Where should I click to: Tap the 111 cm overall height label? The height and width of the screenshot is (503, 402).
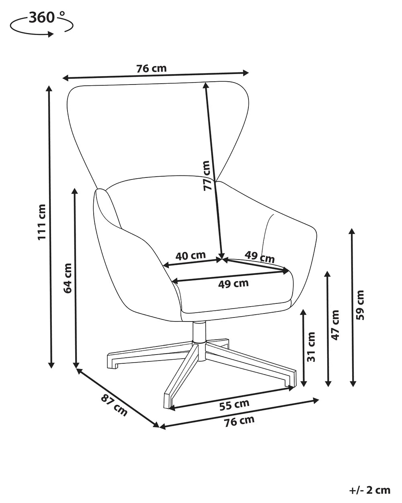point(42,222)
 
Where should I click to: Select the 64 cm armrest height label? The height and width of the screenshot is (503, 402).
point(68,278)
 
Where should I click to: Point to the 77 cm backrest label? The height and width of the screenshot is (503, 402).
point(207,175)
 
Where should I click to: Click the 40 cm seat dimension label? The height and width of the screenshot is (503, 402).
point(191,256)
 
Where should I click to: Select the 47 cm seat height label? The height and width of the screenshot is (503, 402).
point(335,325)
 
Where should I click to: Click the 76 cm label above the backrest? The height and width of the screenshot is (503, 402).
point(152,68)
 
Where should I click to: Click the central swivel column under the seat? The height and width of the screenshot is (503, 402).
point(199,333)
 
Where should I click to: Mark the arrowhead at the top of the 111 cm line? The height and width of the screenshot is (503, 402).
point(49,89)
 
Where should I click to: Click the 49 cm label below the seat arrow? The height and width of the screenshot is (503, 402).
point(233,284)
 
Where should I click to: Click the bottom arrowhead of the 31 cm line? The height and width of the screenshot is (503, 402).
point(304,383)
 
